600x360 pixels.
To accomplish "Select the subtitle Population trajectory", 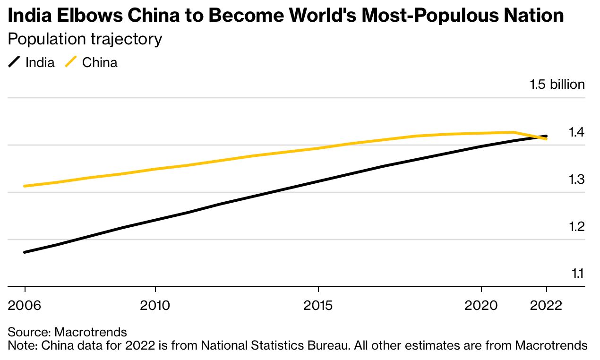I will (85, 39).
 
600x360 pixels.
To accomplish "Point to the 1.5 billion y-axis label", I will (557, 85).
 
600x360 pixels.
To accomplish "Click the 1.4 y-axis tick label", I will (576, 132).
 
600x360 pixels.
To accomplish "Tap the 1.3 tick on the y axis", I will (576, 180).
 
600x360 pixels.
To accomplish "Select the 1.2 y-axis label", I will (576, 227).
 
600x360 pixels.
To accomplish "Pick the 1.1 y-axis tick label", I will (578, 274).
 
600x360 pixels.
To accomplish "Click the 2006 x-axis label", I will (25, 305).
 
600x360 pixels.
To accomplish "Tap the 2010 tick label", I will (155, 305).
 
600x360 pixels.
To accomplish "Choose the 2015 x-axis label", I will (318, 305).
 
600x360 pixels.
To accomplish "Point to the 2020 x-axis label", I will (481, 305).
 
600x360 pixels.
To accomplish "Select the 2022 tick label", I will (546, 305).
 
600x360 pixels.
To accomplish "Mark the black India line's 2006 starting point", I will (25, 252).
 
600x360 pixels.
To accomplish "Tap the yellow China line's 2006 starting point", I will (25, 186).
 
